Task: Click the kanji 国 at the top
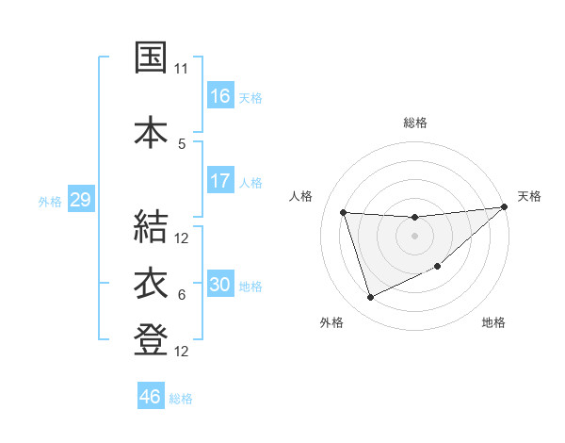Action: (151, 57)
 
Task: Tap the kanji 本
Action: (151, 131)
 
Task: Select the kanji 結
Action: (151, 227)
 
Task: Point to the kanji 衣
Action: (151, 283)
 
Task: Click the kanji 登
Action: (151, 340)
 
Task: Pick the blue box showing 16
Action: (220, 96)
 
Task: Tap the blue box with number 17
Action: (220, 181)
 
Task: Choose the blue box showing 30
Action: (220, 285)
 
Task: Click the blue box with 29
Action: (80, 200)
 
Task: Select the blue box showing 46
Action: (151, 397)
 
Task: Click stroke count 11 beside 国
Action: (182, 69)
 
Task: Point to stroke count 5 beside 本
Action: (182, 144)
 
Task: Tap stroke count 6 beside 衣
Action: (182, 295)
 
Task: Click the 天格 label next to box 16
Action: (250, 97)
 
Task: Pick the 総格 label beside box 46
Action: (181, 399)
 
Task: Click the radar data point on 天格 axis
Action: (504, 207)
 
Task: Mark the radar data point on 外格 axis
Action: (370, 298)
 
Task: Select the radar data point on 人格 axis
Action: (344, 213)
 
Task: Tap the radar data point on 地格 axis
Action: (439, 267)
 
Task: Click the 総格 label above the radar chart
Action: (414, 123)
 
